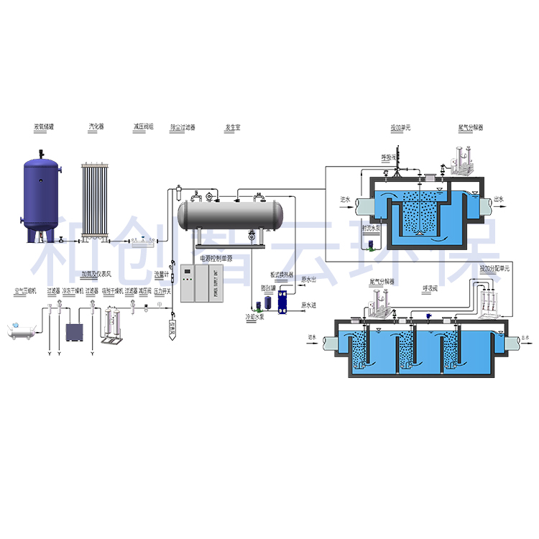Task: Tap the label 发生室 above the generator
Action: coord(231,127)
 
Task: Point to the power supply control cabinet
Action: coord(203,283)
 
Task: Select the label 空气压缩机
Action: coord(24,291)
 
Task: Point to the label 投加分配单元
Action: coord(494,267)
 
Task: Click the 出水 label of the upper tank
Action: coord(500,200)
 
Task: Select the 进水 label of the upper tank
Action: coord(345,200)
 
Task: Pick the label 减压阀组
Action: coord(143,126)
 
